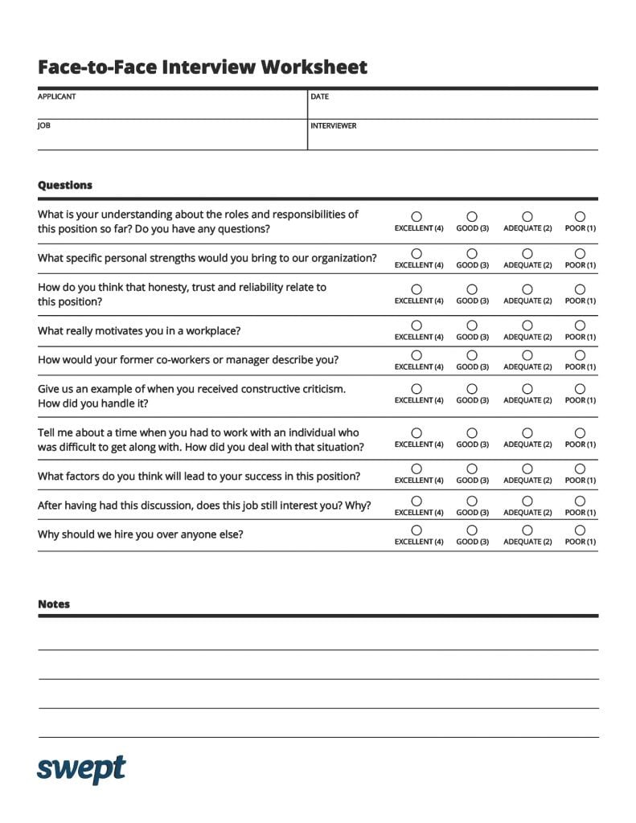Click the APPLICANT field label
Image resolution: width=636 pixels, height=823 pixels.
(x=56, y=96)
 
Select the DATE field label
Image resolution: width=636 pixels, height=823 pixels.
(x=319, y=96)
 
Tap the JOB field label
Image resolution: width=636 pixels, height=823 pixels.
(x=44, y=125)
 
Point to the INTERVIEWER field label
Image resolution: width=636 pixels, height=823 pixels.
(x=333, y=125)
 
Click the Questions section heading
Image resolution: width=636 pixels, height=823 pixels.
(x=65, y=185)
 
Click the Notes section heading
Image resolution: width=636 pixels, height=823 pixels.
(x=54, y=604)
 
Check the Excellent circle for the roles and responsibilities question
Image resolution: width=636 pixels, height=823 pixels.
(x=416, y=217)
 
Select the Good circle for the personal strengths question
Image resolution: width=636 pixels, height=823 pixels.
(x=472, y=254)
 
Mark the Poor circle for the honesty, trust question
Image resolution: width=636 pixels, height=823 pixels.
(x=580, y=289)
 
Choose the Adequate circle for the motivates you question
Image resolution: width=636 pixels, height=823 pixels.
(x=527, y=326)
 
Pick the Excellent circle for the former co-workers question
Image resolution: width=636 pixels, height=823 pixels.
(x=416, y=355)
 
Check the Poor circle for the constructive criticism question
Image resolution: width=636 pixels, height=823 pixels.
(x=580, y=389)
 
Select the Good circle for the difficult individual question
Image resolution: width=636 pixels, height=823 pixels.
(x=472, y=433)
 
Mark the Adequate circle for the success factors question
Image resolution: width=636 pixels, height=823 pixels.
(x=527, y=469)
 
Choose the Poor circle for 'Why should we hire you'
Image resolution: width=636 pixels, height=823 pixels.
(x=580, y=530)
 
